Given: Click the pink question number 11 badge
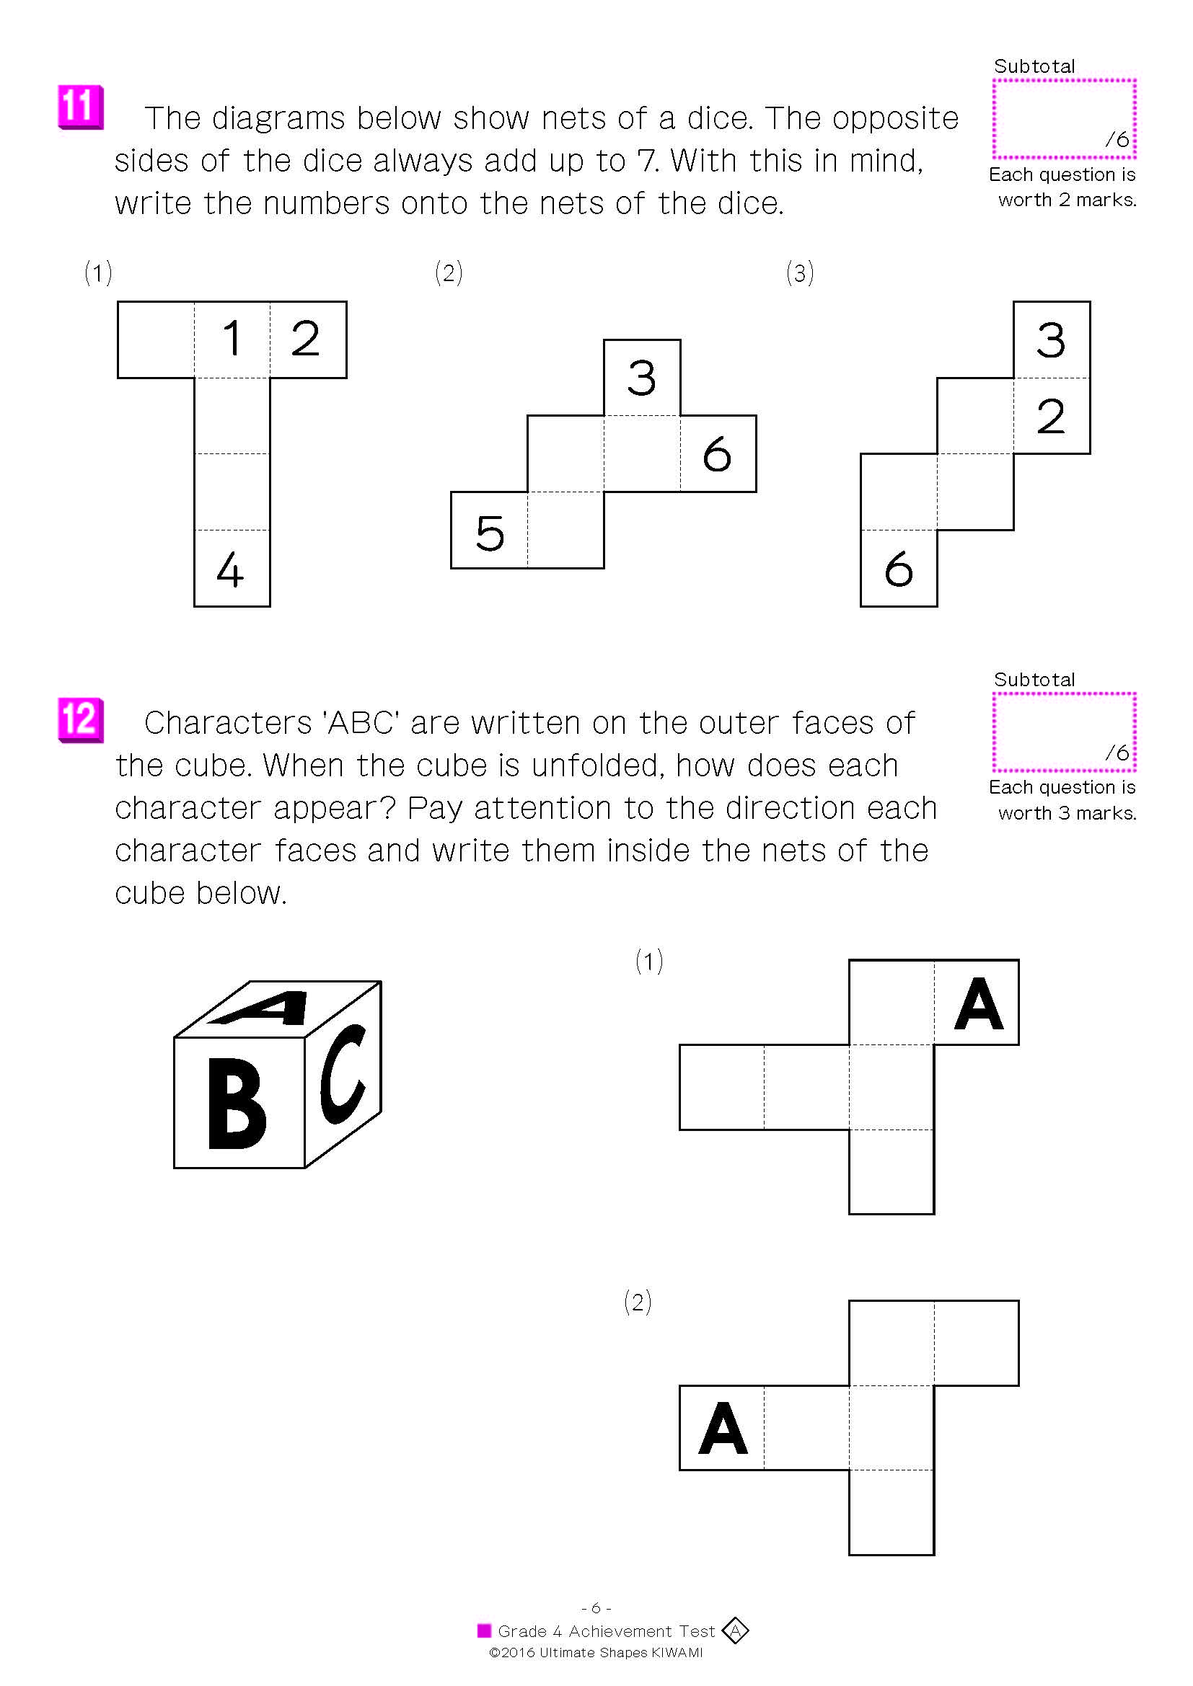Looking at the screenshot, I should [x=80, y=107].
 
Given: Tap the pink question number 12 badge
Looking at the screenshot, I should [x=80, y=719].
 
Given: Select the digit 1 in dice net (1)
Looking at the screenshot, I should [x=232, y=339].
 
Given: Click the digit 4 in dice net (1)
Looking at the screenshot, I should [x=230, y=569].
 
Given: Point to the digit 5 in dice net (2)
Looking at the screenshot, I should [x=490, y=533].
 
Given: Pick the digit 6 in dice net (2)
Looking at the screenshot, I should [x=717, y=454].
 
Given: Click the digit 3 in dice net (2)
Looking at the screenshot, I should [x=641, y=378].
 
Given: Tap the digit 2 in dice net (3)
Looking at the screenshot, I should [x=1050, y=417].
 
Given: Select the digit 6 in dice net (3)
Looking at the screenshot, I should [x=899, y=569].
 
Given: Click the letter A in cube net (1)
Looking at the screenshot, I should [x=978, y=1003].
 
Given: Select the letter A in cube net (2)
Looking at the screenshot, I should [x=723, y=1428].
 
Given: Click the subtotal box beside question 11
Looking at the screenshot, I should [x=1064, y=119].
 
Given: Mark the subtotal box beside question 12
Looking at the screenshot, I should [x=1064, y=732].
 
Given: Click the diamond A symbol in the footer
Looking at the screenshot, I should [x=734, y=1631].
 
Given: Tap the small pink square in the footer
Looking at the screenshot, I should [x=484, y=1631].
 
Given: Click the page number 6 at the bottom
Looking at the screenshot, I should [x=596, y=1608].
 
